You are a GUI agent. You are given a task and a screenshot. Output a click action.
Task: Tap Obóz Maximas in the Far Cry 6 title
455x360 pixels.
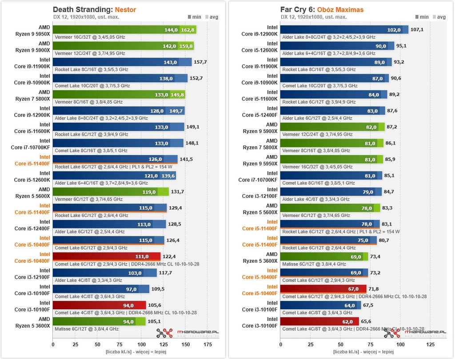(341, 9)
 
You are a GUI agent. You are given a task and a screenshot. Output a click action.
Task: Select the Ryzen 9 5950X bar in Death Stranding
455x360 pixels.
(124, 30)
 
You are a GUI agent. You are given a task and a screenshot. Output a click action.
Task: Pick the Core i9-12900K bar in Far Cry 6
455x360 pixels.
(344, 30)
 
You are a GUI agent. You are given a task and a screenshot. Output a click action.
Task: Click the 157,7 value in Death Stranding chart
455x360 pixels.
(200, 62)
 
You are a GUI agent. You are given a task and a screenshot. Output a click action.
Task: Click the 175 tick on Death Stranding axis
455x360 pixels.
(208, 344)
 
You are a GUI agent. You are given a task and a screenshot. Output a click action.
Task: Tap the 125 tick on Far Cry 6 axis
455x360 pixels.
(430, 344)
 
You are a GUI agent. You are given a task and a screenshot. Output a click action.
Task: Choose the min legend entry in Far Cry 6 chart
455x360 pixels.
(422, 17)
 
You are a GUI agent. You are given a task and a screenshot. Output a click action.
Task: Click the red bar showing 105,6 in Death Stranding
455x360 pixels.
(99, 305)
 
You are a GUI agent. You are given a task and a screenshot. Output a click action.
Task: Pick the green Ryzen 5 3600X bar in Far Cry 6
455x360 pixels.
(324, 256)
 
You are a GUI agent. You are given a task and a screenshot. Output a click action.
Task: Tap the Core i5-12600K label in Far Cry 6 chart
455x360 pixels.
(260, 47)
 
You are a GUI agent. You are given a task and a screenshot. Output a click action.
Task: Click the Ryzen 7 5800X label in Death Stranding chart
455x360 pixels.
(32, 96)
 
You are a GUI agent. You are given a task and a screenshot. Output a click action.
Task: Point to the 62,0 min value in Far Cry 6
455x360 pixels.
(348, 321)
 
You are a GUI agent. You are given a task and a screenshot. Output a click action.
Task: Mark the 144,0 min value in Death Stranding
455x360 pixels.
(171, 30)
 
